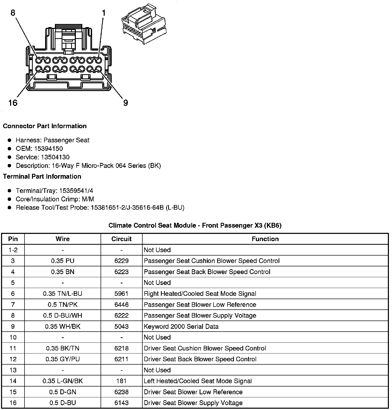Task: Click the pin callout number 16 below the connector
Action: tap(13, 103)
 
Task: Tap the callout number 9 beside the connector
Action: tap(126, 103)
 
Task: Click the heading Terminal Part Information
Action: tap(42, 176)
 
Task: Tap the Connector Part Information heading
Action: tap(45, 126)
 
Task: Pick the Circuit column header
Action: tap(121, 239)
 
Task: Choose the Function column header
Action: tap(265, 239)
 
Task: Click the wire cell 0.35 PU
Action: tap(63, 261)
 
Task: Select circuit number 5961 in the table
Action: tap(121, 294)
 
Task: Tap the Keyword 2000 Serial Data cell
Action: tap(181, 326)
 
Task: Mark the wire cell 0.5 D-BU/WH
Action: tap(63, 316)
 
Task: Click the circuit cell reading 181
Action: tap(121, 381)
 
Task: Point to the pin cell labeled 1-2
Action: tap(13, 250)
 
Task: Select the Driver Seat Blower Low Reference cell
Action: tap(193, 392)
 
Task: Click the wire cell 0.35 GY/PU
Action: tap(63, 359)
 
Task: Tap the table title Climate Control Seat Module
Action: tap(195, 225)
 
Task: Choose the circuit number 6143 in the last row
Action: tap(121, 403)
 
